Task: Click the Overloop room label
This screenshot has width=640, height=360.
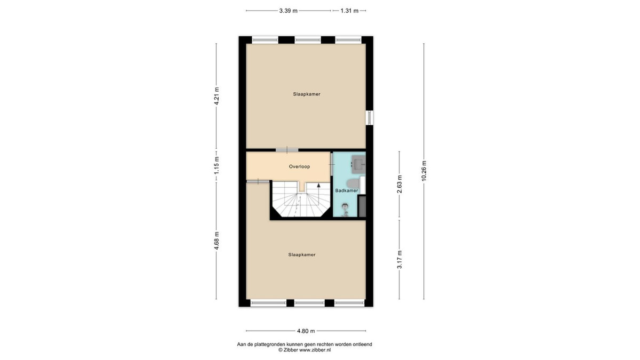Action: [x=299, y=166]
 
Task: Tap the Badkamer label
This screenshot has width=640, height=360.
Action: [x=346, y=190]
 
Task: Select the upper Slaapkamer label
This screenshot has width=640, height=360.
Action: [x=307, y=94]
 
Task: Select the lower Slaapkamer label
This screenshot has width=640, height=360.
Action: [x=302, y=254]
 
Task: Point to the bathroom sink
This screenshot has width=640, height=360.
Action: [x=358, y=164]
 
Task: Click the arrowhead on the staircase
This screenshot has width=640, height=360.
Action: [x=318, y=185]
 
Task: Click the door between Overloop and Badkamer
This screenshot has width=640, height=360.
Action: [x=331, y=164]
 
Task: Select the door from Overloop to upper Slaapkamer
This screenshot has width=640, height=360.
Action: [x=287, y=150]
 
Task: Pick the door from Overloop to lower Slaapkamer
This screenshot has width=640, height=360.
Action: [x=258, y=181]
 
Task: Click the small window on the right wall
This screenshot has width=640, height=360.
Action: [x=370, y=117]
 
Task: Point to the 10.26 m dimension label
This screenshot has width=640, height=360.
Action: [x=423, y=171]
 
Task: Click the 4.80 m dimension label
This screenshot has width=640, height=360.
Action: [x=306, y=331]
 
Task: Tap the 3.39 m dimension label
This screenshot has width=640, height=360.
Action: [x=289, y=11]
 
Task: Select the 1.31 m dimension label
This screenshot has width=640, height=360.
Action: [x=349, y=11]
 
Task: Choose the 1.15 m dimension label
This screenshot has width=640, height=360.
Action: [x=217, y=165]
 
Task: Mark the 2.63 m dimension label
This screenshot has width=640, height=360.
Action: [x=399, y=184]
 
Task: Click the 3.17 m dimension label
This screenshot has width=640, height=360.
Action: [x=399, y=259]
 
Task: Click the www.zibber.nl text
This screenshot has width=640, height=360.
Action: [x=315, y=350]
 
